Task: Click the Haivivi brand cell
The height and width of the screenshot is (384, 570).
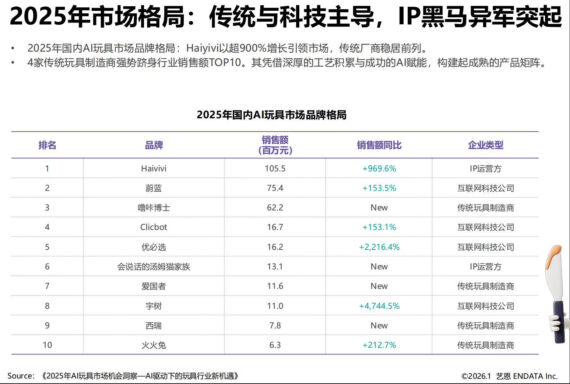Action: tap(154, 168)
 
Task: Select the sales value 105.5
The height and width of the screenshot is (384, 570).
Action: tap(275, 168)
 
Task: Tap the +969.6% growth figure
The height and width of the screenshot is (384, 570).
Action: tap(379, 168)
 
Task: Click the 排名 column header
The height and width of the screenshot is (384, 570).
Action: tap(47, 145)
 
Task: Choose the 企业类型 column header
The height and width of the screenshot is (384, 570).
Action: tap(486, 145)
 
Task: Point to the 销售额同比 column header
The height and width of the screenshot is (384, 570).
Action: tap(379, 145)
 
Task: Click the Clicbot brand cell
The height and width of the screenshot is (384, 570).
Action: tap(154, 227)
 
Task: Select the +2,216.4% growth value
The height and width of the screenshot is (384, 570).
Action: tap(379, 247)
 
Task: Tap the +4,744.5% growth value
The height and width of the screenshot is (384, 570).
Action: tap(379, 306)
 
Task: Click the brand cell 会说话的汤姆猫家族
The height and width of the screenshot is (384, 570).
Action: tap(154, 266)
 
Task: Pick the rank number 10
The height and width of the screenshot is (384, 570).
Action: tap(47, 345)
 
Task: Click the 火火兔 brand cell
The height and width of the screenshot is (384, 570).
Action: tap(154, 345)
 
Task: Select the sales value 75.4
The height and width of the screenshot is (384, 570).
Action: tap(275, 188)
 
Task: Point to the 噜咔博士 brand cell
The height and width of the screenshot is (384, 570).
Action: tap(154, 207)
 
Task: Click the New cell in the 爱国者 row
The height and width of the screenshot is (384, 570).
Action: tap(379, 286)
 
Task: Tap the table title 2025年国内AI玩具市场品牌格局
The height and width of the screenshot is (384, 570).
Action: tap(271, 115)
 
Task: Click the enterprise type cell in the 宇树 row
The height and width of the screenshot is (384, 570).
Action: tap(486, 306)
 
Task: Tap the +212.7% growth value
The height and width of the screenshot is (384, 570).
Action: tap(379, 345)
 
